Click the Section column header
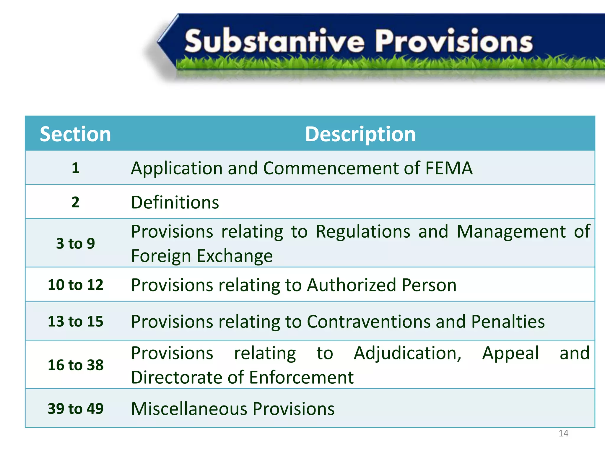coord(75,134)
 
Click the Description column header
coord(360,134)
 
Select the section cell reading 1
coord(76,168)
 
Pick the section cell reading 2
coord(76,202)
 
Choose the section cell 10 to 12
coord(76,285)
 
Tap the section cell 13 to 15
coord(76,321)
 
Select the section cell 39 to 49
coord(76,409)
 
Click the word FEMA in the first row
coord(449,168)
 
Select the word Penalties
coord(508,322)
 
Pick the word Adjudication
coord(407,353)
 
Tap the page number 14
coord(563,433)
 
